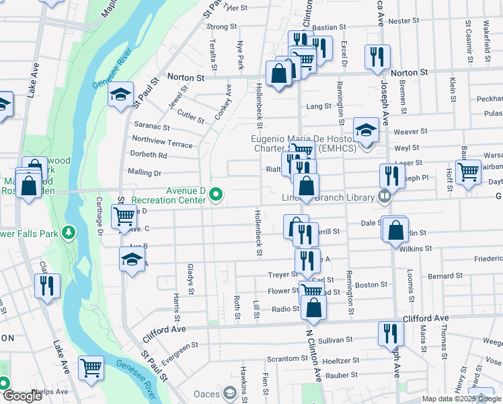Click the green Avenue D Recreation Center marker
(216, 195)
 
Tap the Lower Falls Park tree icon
(68, 233)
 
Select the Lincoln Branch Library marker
(384, 197)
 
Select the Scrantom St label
(282, 358)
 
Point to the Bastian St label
(329, 28)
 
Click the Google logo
(22, 396)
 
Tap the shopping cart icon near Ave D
(124, 217)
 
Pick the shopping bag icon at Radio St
(313, 308)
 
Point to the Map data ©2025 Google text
(461, 399)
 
